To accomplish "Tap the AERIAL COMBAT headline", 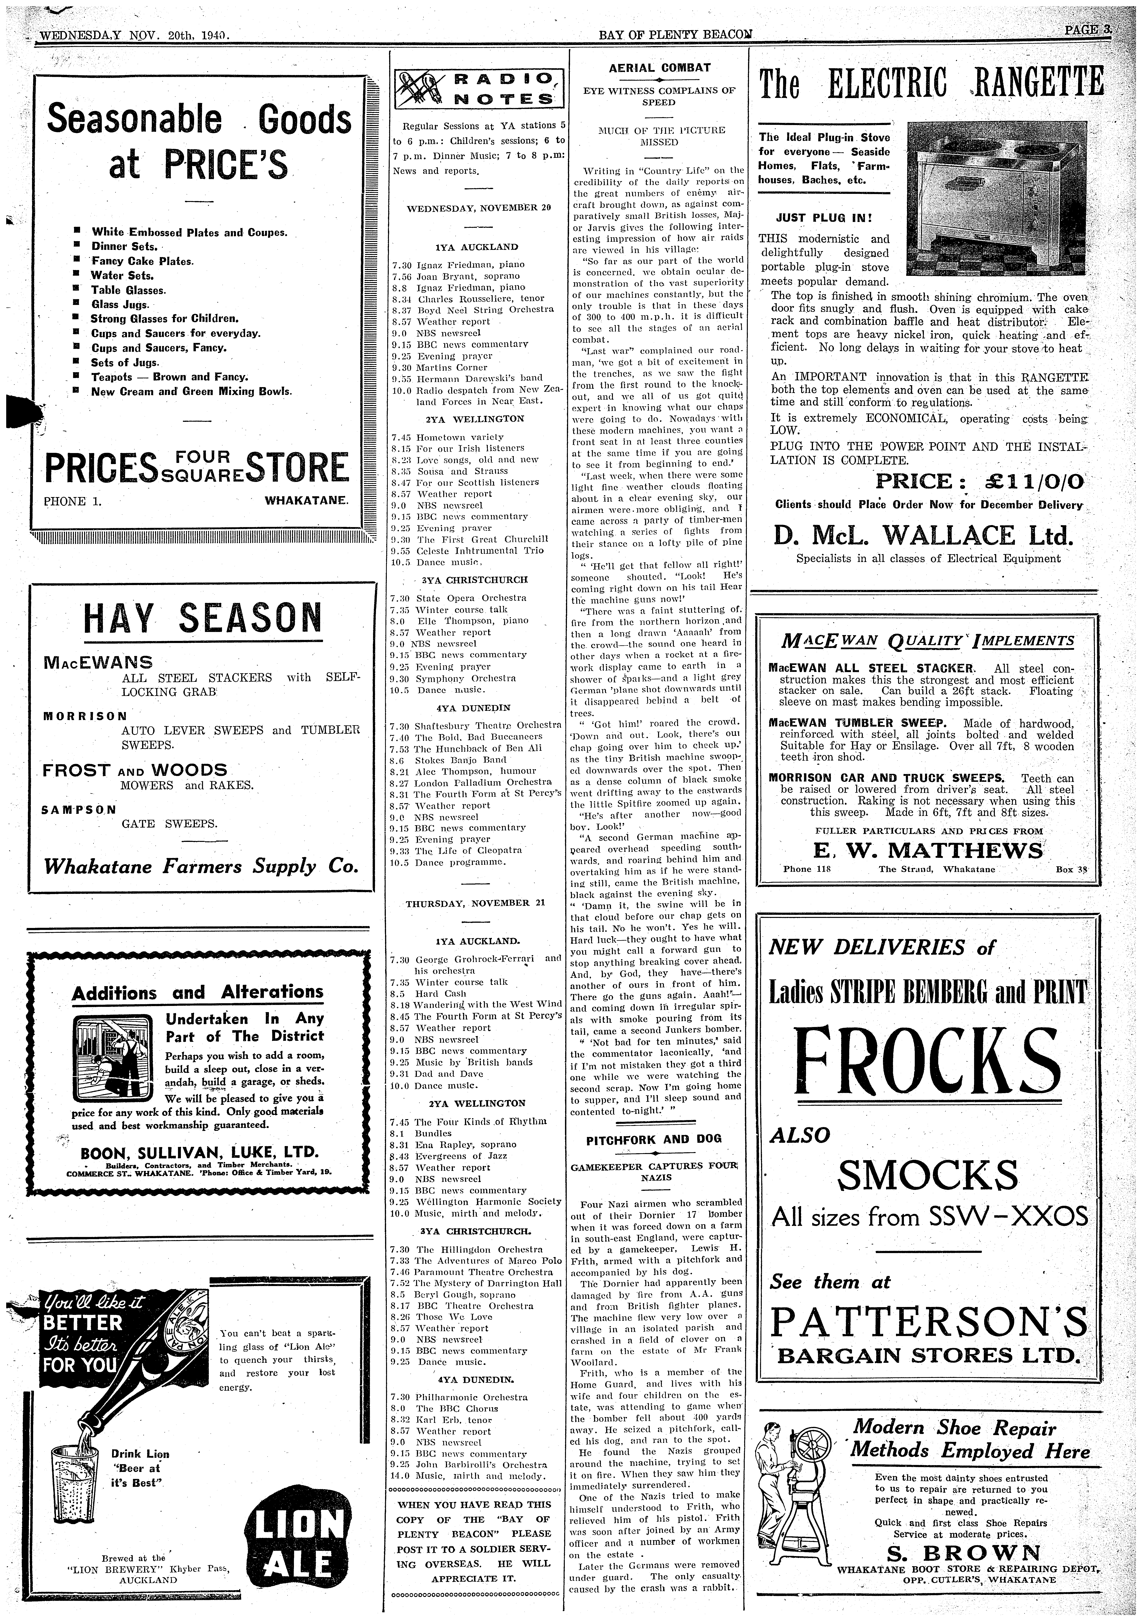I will (660, 68).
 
